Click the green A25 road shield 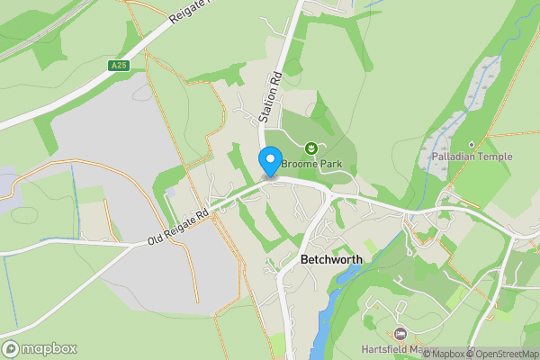[x=117, y=66]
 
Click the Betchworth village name [x=330, y=260]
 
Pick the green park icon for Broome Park [x=311, y=148]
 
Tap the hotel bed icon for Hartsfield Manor [x=400, y=334]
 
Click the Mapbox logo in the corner [x=40, y=348]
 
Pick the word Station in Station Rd [x=266, y=107]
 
